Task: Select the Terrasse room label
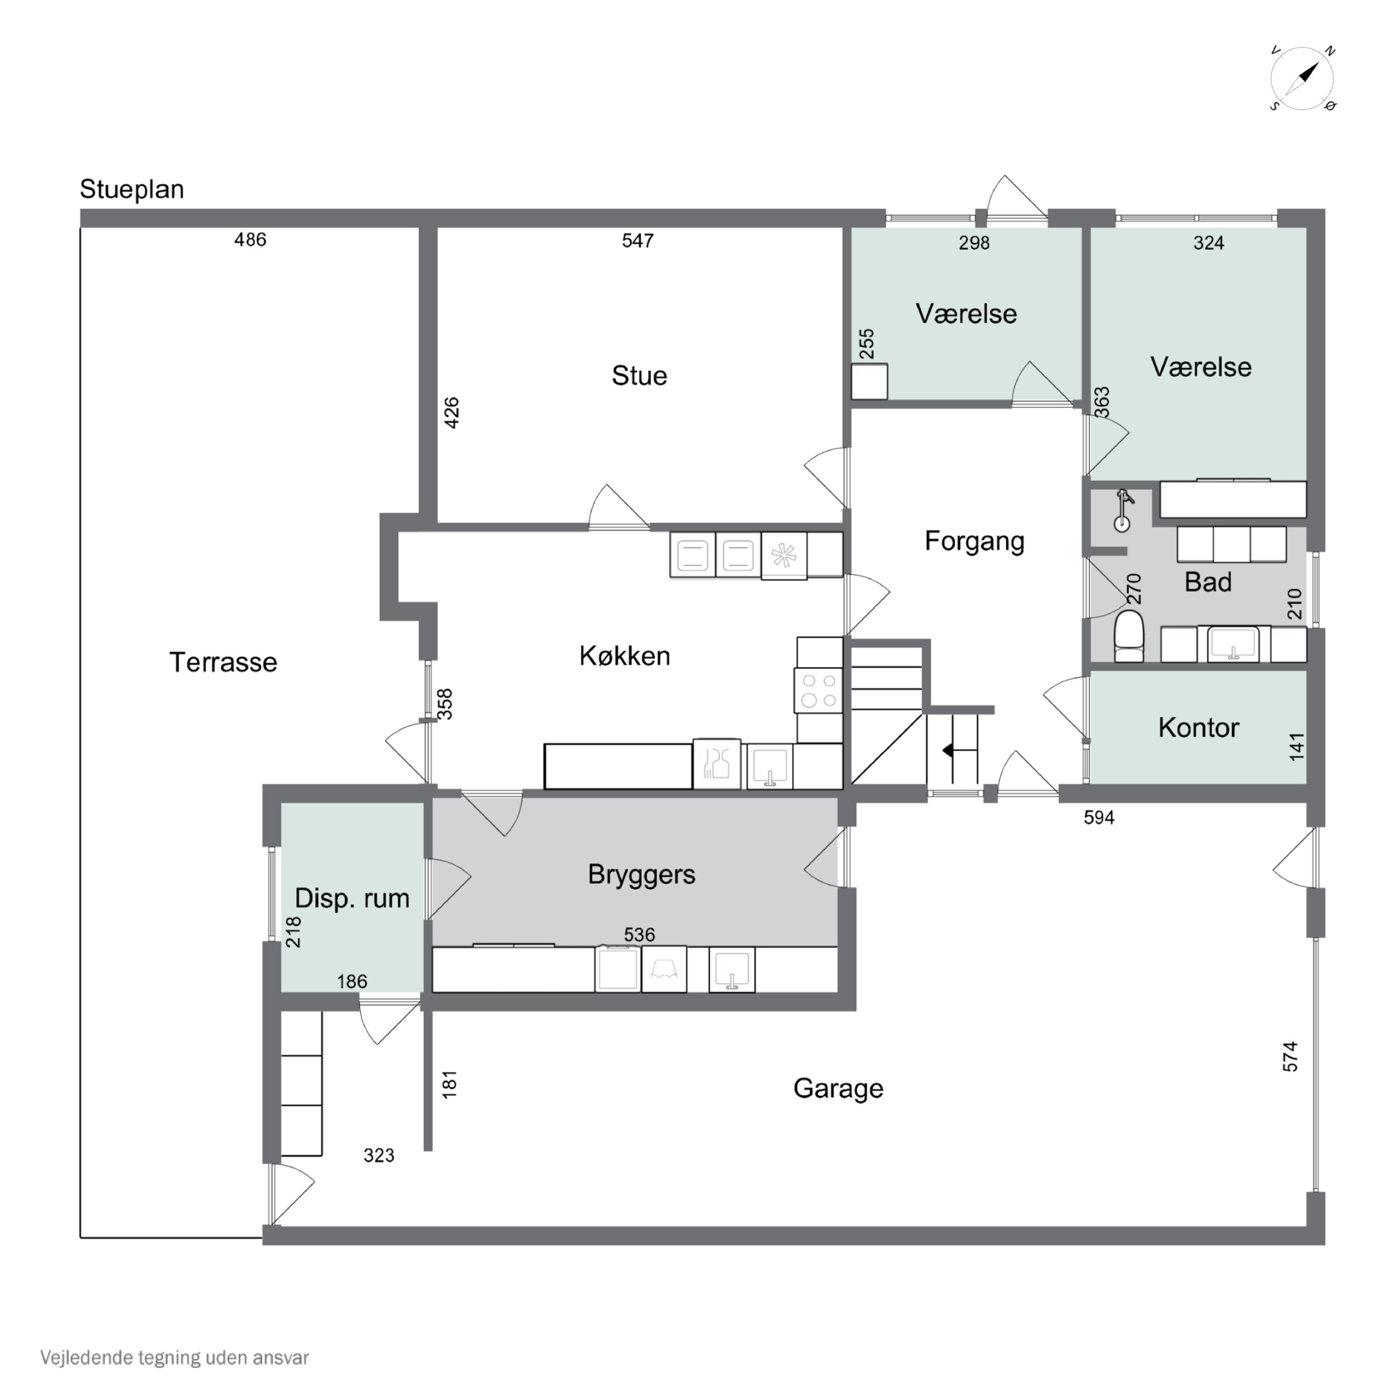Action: click(x=223, y=662)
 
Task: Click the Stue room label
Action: click(x=639, y=375)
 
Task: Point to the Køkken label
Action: click(x=625, y=656)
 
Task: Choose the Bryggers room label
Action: click(x=641, y=875)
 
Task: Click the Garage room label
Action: click(x=839, y=1088)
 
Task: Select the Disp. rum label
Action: click(x=352, y=898)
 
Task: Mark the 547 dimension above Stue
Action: click(x=637, y=241)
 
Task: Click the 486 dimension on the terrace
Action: click(x=250, y=240)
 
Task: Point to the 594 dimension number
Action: click(x=1099, y=818)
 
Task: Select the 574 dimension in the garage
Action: click(x=1290, y=1057)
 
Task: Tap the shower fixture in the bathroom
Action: click(x=1123, y=510)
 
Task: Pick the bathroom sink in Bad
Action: click(x=1233, y=644)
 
